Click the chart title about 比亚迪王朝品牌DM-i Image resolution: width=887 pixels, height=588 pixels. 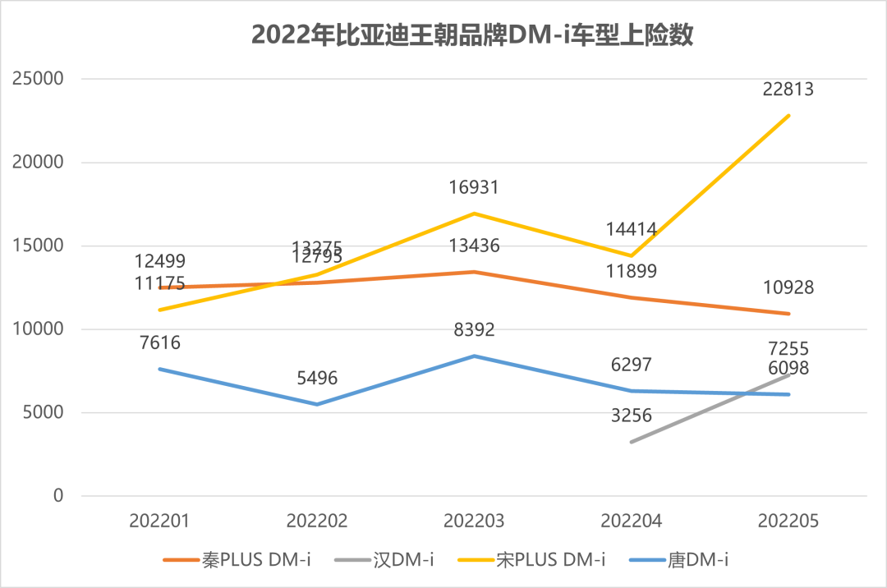pos(472,35)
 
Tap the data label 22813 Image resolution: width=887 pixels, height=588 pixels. pos(788,89)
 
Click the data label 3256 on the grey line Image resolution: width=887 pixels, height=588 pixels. pos(631,416)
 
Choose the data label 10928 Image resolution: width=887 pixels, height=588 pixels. pos(788,287)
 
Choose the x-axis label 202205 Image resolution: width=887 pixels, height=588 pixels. pos(788,521)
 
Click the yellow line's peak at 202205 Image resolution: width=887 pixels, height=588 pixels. pos(788,116)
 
